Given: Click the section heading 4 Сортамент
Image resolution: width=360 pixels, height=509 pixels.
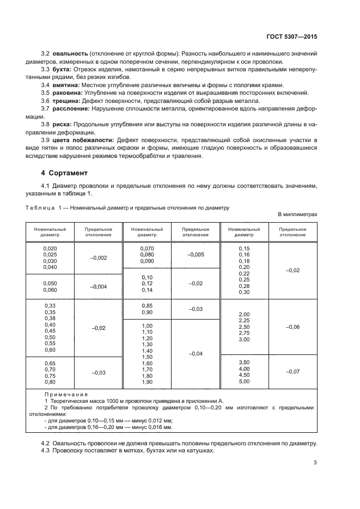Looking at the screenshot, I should [64, 173].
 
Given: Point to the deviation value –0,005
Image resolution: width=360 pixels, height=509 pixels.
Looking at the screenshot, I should [196, 254].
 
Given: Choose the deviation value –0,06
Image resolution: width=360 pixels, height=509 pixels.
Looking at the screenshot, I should [292, 327].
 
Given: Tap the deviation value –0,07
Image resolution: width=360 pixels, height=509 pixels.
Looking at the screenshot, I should [292, 371].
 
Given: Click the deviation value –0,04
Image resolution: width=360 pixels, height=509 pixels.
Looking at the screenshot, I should [196, 354].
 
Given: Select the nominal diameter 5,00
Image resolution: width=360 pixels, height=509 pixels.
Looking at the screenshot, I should [243, 382].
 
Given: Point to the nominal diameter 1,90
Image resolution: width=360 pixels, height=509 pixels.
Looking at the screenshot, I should [147, 382].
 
